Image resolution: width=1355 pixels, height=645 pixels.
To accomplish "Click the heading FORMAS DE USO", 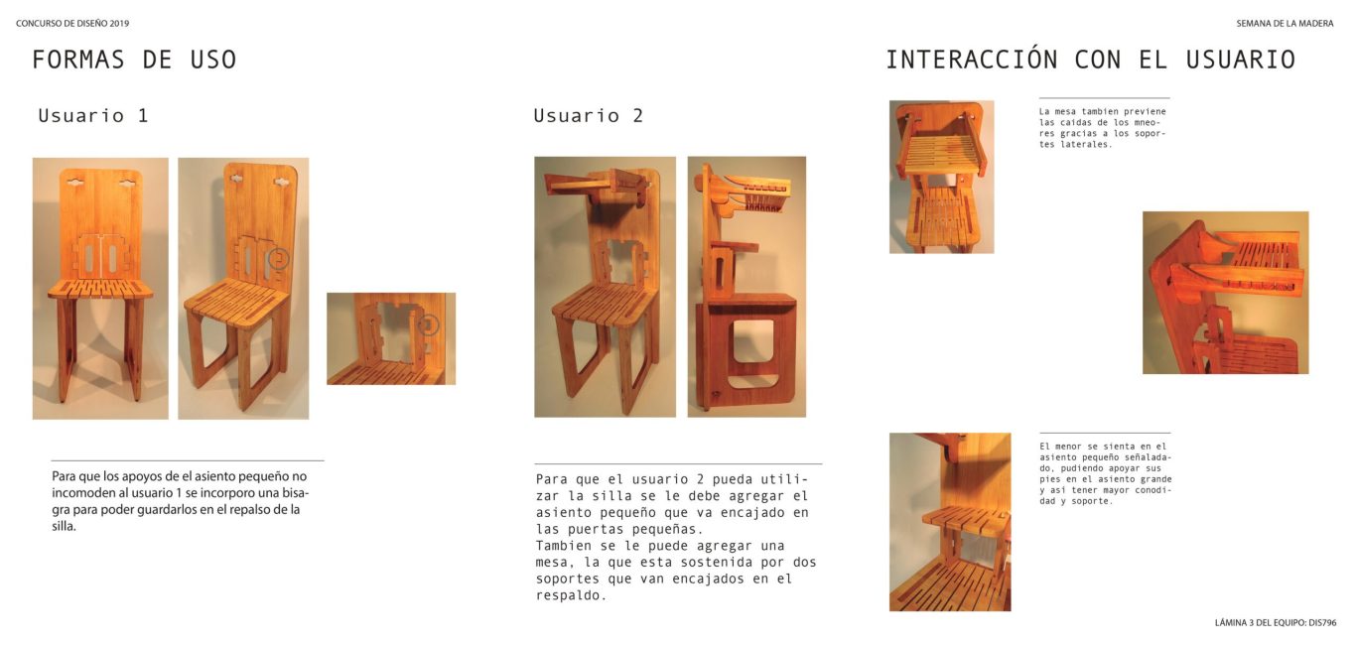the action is tap(134, 60).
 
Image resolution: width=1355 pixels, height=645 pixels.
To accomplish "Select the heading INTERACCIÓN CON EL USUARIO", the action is tap(1090, 60).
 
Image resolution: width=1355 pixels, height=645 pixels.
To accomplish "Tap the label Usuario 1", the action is tap(93, 115).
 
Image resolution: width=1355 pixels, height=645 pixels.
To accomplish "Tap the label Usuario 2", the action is tap(588, 115).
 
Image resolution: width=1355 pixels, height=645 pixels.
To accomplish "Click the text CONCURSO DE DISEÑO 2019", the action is tap(72, 24).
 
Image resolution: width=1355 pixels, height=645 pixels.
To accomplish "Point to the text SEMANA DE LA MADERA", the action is tap(1285, 24).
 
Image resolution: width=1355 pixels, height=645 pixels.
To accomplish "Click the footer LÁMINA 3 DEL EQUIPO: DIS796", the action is tap(1276, 622).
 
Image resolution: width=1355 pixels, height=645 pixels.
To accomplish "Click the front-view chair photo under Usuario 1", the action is tap(100, 289).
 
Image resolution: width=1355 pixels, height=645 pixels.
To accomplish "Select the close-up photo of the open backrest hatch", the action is tap(391, 338).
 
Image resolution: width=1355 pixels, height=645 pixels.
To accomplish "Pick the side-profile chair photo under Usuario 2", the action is tap(746, 287).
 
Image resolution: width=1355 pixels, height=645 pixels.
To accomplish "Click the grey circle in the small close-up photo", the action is tap(428, 324).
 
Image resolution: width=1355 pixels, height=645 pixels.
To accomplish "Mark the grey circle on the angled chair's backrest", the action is tap(278, 259).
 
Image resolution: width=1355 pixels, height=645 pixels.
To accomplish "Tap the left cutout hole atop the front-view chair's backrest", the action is tap(75, 182).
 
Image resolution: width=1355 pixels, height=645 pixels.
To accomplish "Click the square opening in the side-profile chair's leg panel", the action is tap(752, 340).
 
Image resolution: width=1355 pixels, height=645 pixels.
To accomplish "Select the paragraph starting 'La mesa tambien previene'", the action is tap(1102, 128).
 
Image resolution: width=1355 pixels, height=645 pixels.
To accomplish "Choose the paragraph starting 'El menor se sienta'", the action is tap(1105, 473).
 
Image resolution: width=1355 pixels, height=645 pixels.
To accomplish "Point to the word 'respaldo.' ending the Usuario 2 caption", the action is tap(571, 595).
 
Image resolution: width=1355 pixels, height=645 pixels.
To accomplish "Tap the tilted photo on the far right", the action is tap(1226, 293).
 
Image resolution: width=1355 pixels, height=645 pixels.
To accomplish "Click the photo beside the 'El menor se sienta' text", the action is tap(950, 522).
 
